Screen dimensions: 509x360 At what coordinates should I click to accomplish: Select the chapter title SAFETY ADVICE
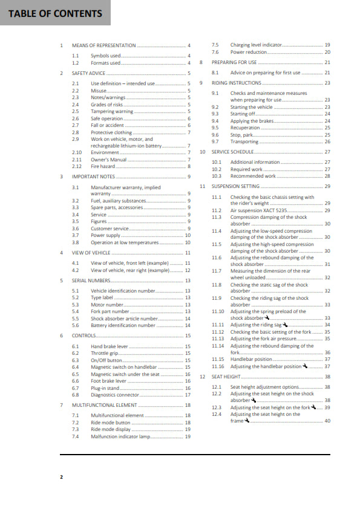[89, 73]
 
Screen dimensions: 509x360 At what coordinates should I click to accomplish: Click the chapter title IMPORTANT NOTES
[93, 177]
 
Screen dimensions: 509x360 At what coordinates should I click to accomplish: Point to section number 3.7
[75, 235]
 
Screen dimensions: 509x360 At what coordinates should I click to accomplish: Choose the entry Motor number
[107, 305]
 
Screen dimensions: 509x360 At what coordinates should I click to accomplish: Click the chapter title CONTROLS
[83, 335]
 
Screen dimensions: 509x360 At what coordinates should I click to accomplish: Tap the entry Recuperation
[246, 128]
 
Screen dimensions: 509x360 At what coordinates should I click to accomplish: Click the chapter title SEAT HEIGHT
[224, 376]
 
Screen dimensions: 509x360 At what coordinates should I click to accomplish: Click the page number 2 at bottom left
[61, 477]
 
